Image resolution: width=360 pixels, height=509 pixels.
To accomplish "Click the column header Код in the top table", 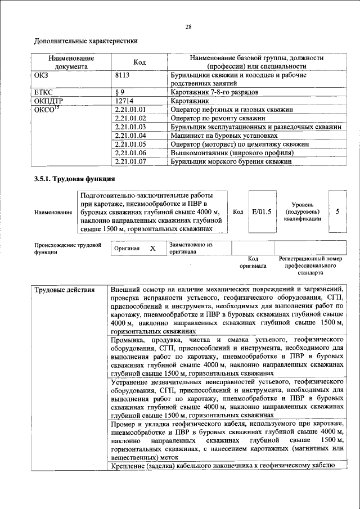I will (x=139, y=62).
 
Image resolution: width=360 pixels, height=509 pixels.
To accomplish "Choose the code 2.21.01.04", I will (x=130, y=136).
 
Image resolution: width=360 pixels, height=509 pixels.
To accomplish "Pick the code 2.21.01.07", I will (x=130, y=161).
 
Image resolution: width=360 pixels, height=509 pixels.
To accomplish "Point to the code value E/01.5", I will (x=262, y=211).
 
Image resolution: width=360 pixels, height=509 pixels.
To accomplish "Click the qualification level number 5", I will (x=337, y=211).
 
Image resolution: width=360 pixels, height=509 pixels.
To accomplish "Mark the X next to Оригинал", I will (x=152, y=248).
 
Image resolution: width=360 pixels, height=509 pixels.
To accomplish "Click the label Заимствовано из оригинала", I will (x=191, y=249).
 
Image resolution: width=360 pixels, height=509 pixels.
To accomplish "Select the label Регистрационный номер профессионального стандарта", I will (x=310, y=265).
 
